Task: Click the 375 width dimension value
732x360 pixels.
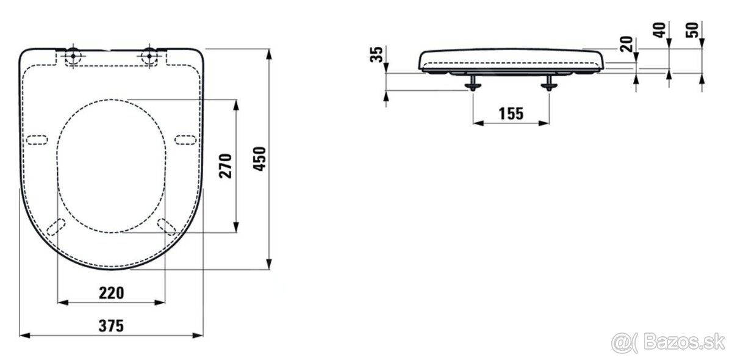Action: coord(111,326)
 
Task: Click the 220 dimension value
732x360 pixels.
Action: coord(111,293)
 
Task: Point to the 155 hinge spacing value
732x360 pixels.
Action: coord(511,114)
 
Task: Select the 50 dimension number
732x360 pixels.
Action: coord(693,31)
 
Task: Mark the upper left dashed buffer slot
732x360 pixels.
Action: coord(38,139)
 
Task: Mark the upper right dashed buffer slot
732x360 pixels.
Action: coord(185,139)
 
